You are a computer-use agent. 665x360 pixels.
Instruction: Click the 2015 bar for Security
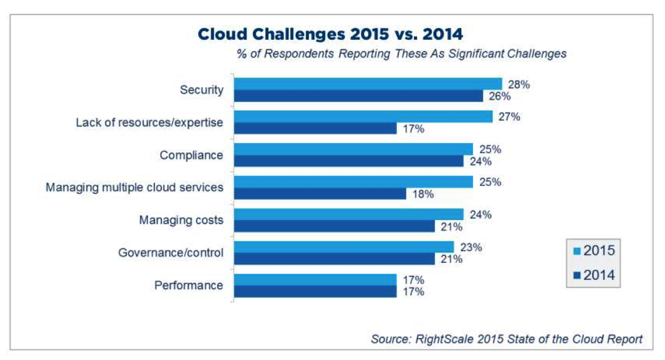tap(368, 84)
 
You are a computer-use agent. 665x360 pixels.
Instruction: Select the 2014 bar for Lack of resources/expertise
tap(315, 128)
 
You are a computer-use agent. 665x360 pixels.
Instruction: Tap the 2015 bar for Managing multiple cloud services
tap(353, 182)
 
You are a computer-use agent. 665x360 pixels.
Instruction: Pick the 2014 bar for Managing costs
tap(334, 227)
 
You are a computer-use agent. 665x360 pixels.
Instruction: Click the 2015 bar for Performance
tap(315, 280)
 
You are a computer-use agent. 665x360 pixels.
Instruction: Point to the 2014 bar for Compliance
tap(349, 161)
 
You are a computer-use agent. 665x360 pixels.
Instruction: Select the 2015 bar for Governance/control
tap(344, 247)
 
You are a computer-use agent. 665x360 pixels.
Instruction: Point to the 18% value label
tap(423, 194)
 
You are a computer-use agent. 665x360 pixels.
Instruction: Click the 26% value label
tap(500, 96)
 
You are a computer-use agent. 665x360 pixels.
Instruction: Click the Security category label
tap(201, 90)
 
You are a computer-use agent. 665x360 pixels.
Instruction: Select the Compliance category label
tap(191, 155)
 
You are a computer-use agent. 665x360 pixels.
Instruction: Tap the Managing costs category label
tap(181, 220)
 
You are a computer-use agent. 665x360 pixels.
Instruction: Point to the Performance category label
tap(188, 285)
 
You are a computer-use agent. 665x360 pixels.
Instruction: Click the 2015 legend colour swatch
tap(577, 251)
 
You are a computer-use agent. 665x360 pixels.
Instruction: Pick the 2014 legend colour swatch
tap(577, 275)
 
